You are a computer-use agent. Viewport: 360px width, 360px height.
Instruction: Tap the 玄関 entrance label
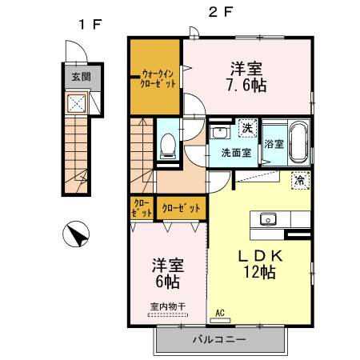click(x=81, y=77)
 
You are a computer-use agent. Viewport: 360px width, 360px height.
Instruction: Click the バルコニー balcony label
click(x=218, y=339)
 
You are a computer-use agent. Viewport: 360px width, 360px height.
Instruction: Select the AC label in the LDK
click(x=219, y=313)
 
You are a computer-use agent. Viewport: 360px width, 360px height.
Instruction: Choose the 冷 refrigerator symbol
click(x=300, y=180)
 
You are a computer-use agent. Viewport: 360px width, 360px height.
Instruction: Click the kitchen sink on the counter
click(x=267, y=219)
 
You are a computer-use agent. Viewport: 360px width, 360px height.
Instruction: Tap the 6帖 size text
click(x=168, y=282)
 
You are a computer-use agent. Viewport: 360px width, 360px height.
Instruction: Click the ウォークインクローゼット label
click(x=158, y=78)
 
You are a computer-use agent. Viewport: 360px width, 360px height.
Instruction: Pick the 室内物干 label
click(x=167, y=305)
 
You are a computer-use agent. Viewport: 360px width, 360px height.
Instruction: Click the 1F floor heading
click(x=90, y=24)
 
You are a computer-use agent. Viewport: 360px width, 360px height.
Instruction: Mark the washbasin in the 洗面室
click(x=219, y=131)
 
